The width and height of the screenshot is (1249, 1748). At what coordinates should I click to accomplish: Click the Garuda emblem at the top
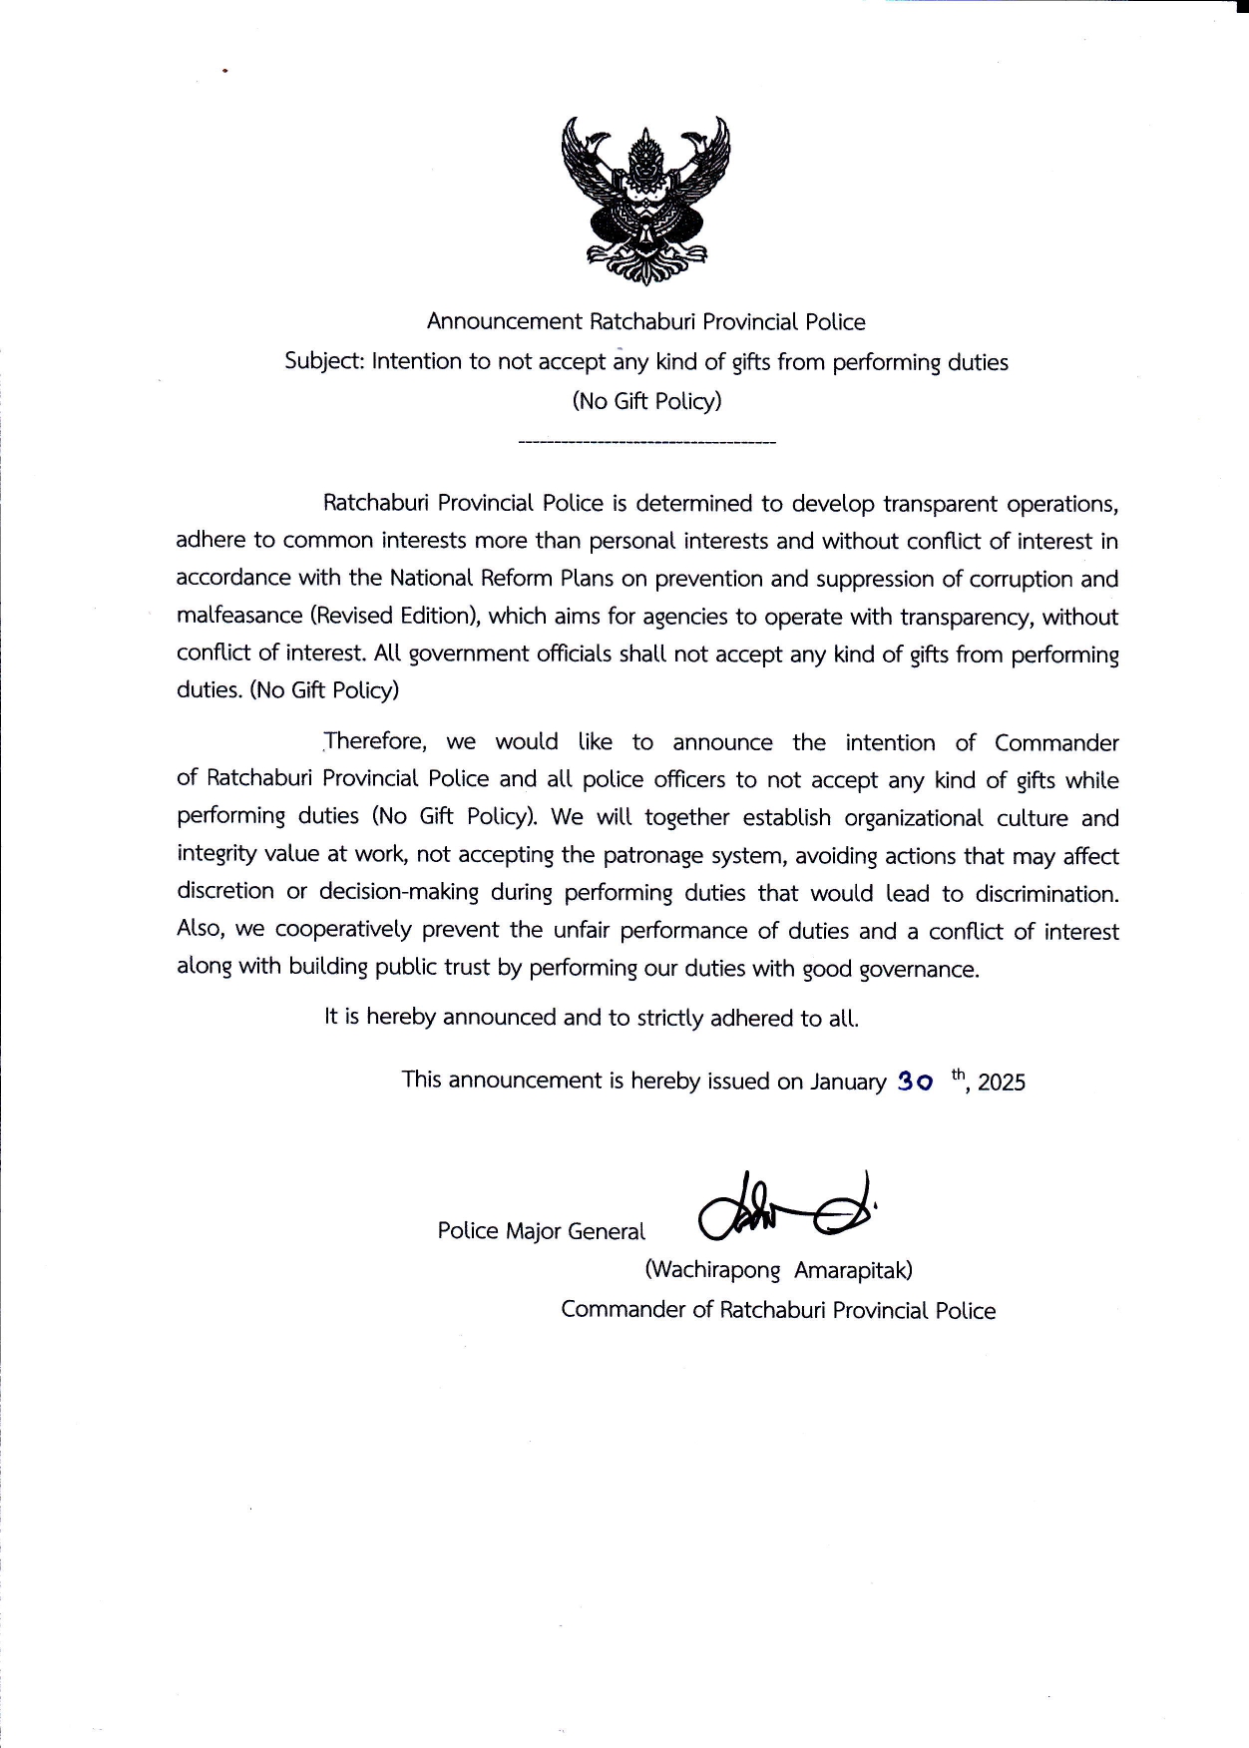click(x=645, y=200)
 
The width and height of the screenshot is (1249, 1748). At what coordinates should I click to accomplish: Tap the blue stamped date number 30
click(x=916, y=1081)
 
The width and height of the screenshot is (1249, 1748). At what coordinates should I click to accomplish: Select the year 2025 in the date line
click(x=1002, y=1083)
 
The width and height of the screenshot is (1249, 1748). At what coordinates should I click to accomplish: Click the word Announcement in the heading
click(x=504, y=322)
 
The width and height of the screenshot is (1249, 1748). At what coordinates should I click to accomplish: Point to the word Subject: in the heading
click(x=324, y=361)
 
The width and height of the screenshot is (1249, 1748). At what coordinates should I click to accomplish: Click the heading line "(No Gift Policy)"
click(x=646, y=401)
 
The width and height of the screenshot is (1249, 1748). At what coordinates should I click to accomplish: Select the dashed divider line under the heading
click(x=647, y=441)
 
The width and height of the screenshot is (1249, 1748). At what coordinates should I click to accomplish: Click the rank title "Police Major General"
click(x=541, y=1231)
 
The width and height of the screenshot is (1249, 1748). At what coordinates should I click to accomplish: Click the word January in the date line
click(x=848, y=1082)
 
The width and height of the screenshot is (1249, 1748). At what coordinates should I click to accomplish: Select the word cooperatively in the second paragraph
click(x=343, y=930)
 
